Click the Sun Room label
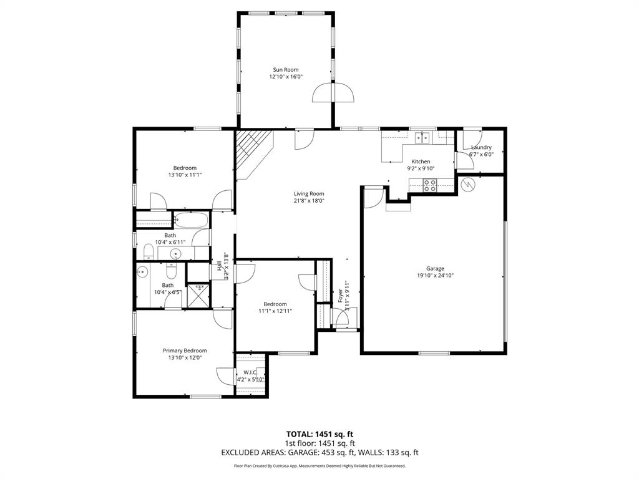coord(285,70)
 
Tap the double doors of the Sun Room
coord(333,93)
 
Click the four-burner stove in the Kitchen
coord(430,185)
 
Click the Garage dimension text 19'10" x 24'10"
coord(431,275)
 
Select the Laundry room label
coord(481,147)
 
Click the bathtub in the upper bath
coord(191,219)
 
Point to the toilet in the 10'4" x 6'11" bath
coord(148,251)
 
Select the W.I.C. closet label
coord(250,372)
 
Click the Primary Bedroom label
coord(185,351)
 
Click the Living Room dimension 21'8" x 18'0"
coord(309,201)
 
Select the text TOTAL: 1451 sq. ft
coord(319,433)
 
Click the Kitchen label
coord(420,161)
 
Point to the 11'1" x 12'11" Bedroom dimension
coord(275,311)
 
